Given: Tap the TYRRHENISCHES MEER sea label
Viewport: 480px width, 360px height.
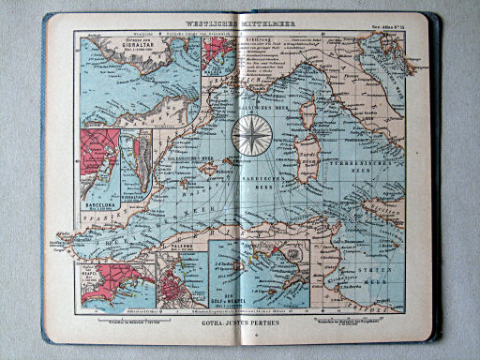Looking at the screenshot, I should point(374,164).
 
